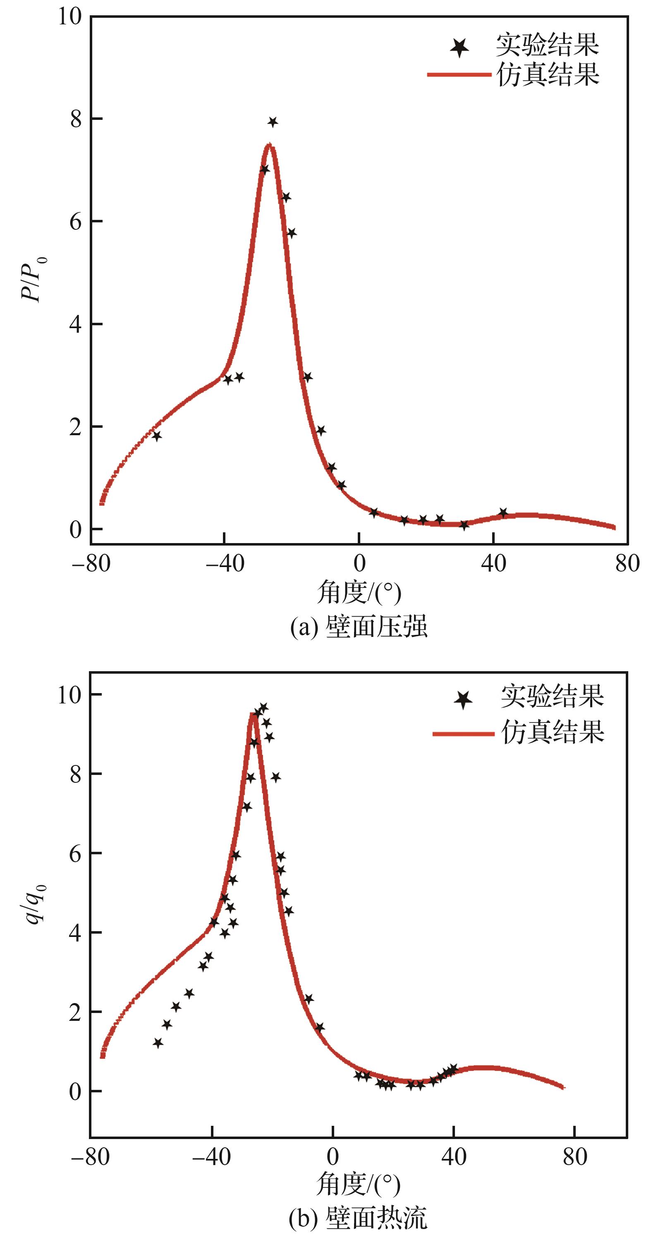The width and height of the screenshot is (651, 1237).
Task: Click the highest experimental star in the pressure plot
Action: tap(273, 122)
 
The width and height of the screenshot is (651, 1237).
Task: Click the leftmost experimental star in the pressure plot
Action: tap(157, 436)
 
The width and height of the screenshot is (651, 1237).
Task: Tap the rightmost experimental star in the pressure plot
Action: tap(503, 512)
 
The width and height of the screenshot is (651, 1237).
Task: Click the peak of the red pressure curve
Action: tap(270, 145)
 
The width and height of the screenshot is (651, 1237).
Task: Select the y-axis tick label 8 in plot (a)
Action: tap(76, 119)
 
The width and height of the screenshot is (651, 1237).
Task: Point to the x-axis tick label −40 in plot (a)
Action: tap(225, 563)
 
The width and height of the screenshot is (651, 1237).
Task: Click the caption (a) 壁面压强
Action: tap(359, 627)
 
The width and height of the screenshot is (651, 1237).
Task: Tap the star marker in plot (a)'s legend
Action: tap(460, 47)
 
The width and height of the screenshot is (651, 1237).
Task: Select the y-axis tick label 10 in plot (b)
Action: tap(70, 694)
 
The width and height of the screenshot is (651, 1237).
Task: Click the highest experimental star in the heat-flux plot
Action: tap(263, 707)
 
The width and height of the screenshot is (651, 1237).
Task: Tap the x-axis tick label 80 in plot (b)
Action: tap(575, 1157)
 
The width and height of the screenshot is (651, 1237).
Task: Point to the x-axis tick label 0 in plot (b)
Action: tap(333, 1157)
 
